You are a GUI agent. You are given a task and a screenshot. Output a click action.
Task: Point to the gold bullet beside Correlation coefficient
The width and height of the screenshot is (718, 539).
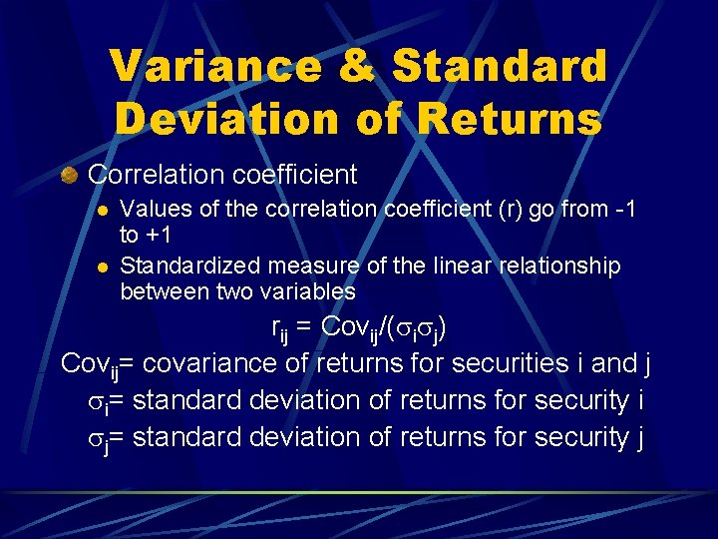(70, 176)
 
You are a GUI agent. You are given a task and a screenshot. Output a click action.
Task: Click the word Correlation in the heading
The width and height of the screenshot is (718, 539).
(157, 175)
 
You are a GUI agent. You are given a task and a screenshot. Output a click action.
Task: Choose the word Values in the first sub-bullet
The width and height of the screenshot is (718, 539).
(152, 210)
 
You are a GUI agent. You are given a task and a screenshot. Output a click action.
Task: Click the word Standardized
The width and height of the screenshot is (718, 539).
(189, 267)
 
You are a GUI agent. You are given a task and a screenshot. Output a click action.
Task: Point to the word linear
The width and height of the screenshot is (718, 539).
(456, 267)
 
